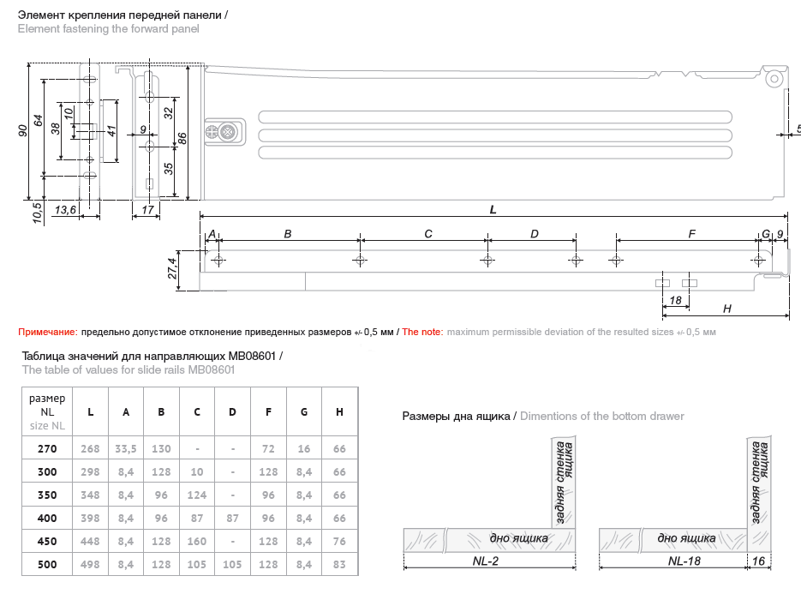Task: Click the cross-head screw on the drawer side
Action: point(227,133)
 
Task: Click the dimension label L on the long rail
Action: point(493,208)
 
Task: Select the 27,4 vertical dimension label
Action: point(172,268)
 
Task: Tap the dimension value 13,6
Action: point(65,209)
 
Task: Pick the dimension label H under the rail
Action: point(726,308)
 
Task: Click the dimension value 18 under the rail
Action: point(675,300)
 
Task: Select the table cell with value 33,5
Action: point(126,448)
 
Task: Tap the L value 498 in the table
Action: point(90,564)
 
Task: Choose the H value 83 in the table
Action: point(339,564)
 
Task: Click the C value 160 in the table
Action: point(197,541)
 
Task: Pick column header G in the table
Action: point(304,412)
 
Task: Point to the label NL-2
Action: point(485,562)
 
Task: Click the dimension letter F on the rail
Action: point(691,234)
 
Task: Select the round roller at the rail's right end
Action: point(774,78)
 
